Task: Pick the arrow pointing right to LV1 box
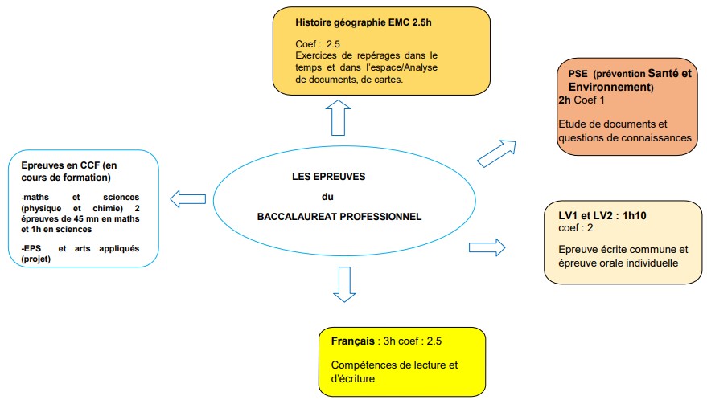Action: coord(486,246)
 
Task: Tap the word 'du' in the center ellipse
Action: coord(327,197)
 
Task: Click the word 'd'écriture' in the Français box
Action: coord(353,378)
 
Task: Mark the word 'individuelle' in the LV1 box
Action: coord(651,262)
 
